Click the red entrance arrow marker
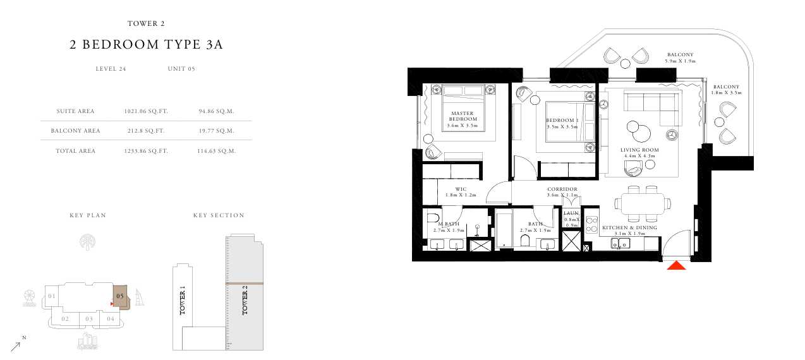click(676, 265)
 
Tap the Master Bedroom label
click(462, 116)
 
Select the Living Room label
click(639, 150)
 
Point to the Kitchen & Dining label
click(629, 227)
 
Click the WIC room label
click(461, 189)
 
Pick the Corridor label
click(562, 189)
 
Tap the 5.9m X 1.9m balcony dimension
click(681, 61)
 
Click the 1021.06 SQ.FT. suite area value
click(146, 111)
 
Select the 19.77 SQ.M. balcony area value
click(216, 131)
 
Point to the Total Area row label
click(75, 151)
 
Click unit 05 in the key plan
click(120, 296)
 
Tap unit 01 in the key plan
click(52, 296)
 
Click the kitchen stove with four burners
click(591, 225)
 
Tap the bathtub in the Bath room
click(504, 229)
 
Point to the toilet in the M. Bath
click(433, 218)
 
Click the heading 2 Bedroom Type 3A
click(146, 45)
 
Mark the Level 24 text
click(111, 69)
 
